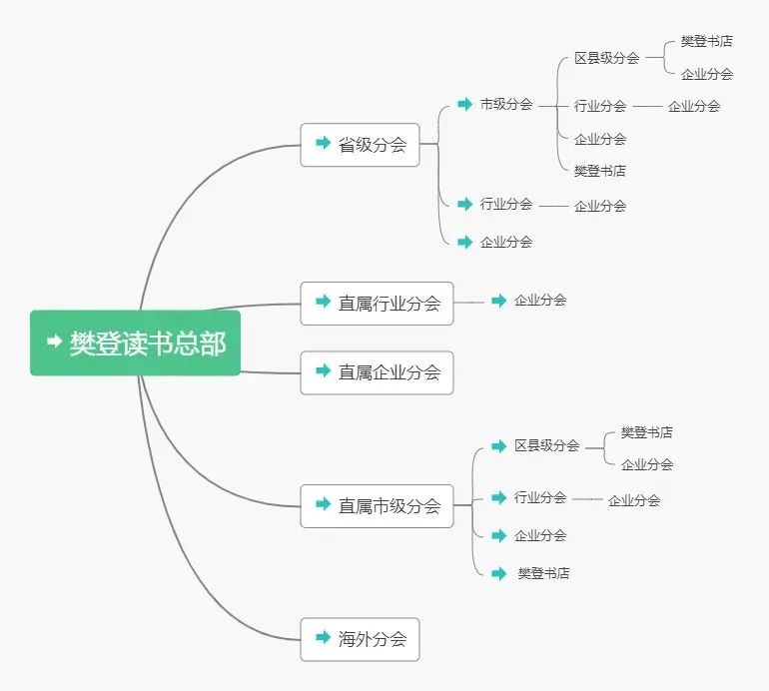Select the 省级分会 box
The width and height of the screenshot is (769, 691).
coord(360,145)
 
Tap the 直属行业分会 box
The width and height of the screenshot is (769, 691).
coord(377,304)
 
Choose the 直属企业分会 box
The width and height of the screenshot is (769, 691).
coord(377,372)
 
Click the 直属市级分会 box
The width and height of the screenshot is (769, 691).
coord(377,506)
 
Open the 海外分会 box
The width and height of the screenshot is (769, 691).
coord(360,639)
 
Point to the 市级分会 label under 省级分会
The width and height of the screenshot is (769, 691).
coord(505,104)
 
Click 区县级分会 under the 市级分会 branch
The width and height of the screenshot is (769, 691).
coord(606,58)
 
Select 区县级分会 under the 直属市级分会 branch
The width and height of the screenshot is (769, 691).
coord(546,446)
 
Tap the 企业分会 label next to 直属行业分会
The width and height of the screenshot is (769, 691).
coord(540,300)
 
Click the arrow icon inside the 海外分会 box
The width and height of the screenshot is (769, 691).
coord(323,638)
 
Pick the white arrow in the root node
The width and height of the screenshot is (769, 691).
coord(55,343)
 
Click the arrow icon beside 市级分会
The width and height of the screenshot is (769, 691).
coord(464,104)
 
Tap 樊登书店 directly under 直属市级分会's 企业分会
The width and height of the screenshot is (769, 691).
coord(543,574)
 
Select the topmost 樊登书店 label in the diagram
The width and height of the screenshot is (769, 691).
coord(707,41)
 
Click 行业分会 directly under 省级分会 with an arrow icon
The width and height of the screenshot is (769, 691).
coord(505,204)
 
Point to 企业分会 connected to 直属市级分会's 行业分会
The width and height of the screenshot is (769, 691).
coord(634,500)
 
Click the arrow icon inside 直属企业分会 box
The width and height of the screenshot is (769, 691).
coord(323,371)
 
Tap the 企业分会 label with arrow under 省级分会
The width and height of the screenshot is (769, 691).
coord(505,242)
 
